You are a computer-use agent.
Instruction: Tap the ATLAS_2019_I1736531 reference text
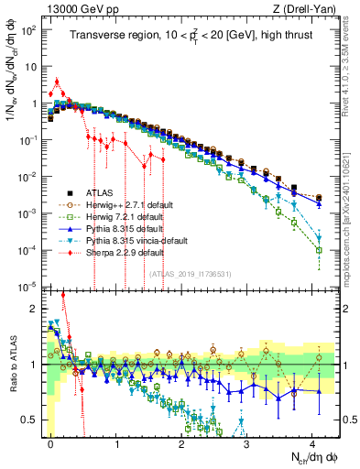(191, 274)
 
